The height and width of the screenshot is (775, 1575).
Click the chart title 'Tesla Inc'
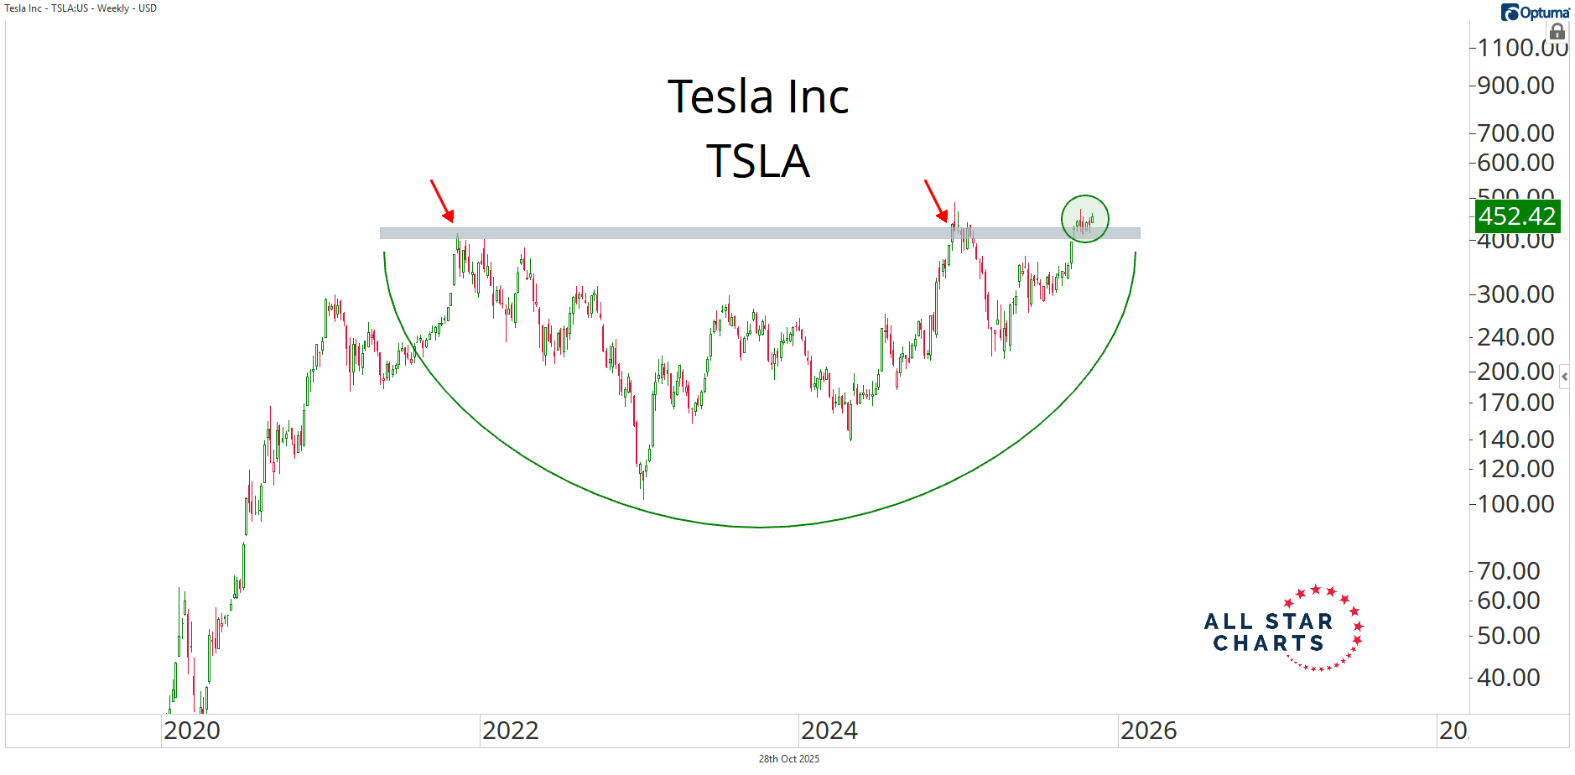[x=758, y=96]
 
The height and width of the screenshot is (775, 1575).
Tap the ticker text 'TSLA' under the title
[x=758, y=161]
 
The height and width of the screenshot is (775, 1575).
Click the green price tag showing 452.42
[x=1516, y=216]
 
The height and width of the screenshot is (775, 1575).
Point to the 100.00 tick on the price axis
[x=1515, y=504]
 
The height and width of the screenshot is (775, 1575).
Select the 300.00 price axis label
[x=1515, y=294]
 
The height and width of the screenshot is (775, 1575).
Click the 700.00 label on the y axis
[x=1515, y=133]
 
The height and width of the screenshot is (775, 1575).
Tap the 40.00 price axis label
[x=1508, y=678]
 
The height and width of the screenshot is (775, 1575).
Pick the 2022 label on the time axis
[x=510, y=731]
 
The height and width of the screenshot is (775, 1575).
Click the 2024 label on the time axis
[x=829, y=731]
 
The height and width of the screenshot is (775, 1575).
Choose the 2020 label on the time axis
[x=192, y=731]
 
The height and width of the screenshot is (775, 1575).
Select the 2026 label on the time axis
[x=1148, y=731]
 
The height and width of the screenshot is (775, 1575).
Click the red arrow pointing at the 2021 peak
[x=442, y=200]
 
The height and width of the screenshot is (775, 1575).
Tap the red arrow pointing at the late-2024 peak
[x=936, y=200]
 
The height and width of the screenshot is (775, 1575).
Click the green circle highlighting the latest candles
[x=1085, y=219]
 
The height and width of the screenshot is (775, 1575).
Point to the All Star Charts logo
[x=1283, y=630]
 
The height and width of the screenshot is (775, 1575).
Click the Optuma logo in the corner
[x=1535, y=12]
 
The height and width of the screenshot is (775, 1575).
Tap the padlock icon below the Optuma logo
[x=1557, y=32]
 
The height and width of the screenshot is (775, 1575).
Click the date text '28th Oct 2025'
[x=788, y=759]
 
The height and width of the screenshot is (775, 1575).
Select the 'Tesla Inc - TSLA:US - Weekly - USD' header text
[x=81, y=8]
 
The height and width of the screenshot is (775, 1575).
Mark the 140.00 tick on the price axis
[x=1515, y=440]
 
